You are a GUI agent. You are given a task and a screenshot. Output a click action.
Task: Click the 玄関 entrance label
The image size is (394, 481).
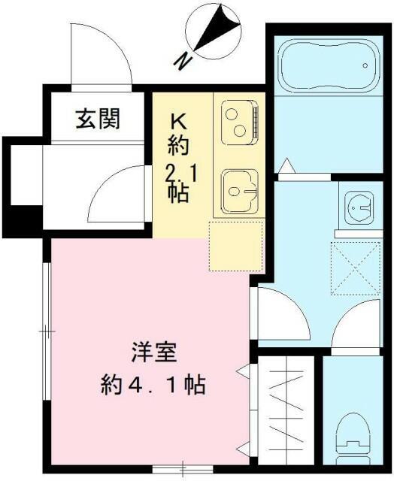point(98,118)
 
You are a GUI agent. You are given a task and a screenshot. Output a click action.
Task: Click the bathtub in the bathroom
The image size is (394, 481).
point(329,71)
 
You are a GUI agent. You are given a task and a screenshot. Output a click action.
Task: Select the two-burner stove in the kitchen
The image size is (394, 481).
point(239,120)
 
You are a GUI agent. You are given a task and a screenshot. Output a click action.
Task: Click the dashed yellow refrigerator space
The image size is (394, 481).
point(235,246)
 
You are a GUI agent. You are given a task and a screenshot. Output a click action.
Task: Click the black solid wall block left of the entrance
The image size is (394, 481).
point(20,218)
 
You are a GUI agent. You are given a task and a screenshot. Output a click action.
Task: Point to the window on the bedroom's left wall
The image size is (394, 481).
point(47,330)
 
